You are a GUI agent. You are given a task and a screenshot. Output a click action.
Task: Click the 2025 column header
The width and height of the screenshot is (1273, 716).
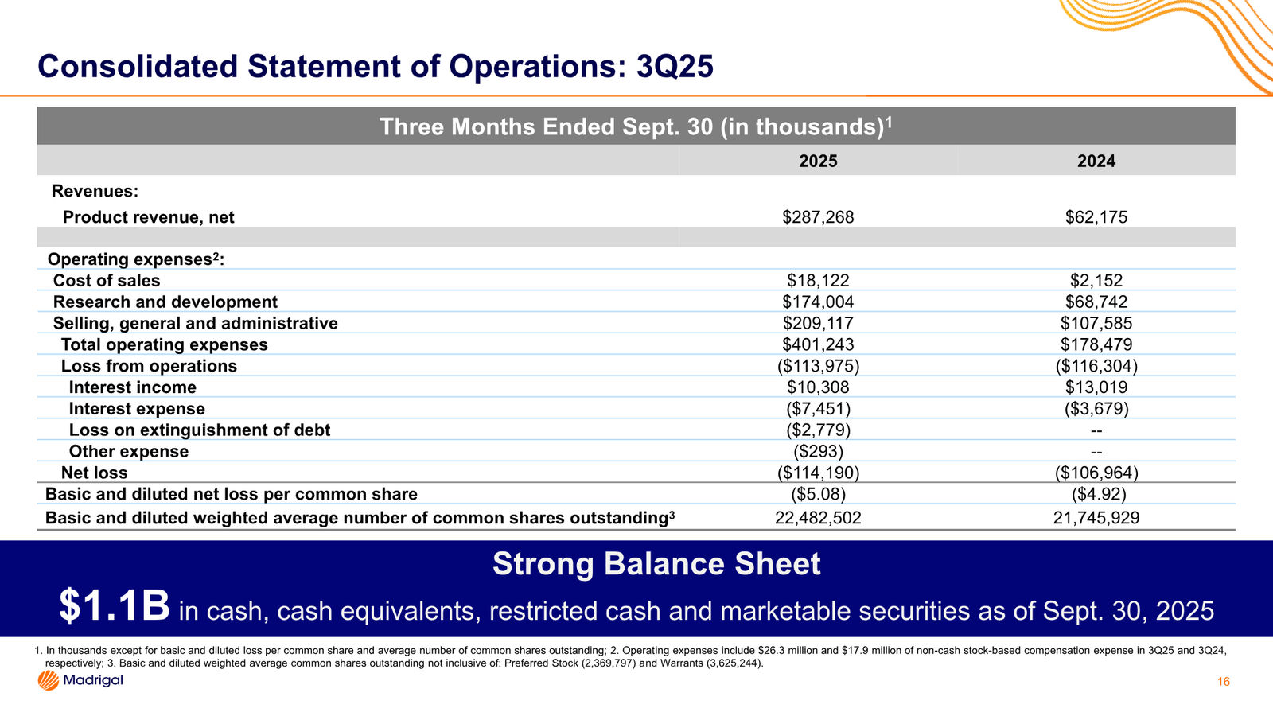[x=818, y=161]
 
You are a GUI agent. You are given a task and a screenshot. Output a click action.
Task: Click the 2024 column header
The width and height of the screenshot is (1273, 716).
[x=1096, y=161]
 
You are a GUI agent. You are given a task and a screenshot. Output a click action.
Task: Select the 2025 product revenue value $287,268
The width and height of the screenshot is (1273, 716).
[x=818, y=217]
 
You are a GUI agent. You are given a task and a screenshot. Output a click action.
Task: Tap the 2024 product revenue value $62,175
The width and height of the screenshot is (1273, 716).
[x=1096, y=217]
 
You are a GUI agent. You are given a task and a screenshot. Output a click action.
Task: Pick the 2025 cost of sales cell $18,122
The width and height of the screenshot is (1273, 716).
[x=818, y=280]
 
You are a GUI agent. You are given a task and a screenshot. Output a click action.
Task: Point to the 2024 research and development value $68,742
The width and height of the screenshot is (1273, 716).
[x=1096, y=302]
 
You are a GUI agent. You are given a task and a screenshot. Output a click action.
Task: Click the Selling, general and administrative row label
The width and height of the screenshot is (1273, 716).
[x=196, y=323]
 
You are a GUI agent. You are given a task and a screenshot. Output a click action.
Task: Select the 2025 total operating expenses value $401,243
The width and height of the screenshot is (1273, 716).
[x=818, y=344]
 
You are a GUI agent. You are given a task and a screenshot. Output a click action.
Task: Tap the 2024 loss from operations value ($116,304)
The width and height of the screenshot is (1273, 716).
[x=1096, y=366]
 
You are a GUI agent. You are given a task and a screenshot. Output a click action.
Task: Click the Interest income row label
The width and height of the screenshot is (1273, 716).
[x=132, y=387]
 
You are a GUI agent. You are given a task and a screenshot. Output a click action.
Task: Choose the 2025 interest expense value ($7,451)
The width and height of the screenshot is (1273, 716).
[x=818, y=409]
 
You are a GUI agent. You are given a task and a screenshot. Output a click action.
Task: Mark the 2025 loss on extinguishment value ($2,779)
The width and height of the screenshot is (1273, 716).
[x=818, y=430]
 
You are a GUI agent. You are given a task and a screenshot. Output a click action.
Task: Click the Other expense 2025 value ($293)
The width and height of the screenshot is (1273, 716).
[x=818, y=451]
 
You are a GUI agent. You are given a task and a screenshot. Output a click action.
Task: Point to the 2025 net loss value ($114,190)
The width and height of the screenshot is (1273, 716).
[x=818, y=473]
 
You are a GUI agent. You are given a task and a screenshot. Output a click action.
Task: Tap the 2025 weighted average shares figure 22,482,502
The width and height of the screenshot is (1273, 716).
[x=818, y=518]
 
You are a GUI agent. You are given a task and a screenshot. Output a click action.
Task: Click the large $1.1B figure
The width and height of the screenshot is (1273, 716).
[x=115, y=606]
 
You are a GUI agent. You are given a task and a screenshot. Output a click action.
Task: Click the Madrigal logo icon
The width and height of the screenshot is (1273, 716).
[x=49, y=680]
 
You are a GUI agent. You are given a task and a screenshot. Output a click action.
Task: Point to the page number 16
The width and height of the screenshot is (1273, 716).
[x=1224, y=682]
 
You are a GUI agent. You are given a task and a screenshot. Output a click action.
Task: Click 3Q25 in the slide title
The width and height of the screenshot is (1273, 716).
[x=675, y=67]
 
